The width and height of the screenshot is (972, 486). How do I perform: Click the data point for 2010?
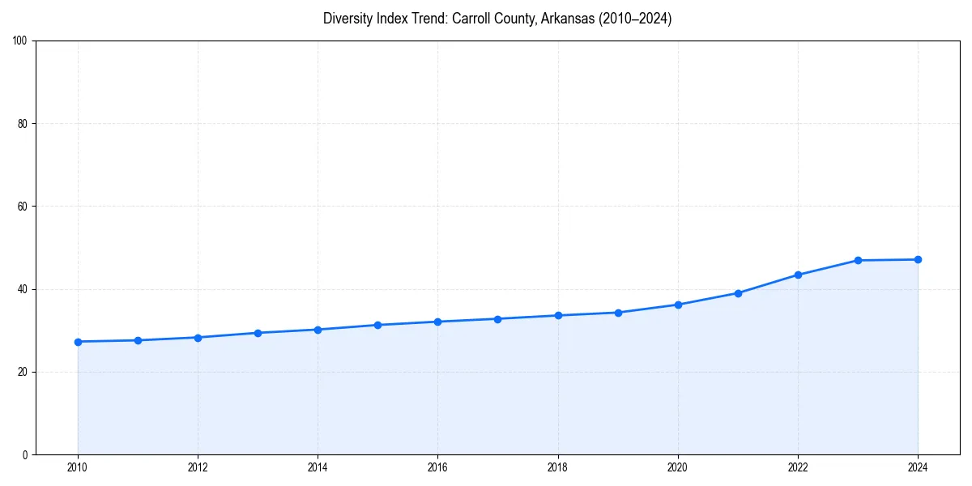click(78, 342)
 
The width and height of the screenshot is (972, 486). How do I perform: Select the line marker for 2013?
click(258, 333)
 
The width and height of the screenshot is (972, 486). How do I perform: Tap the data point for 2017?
click(497, 319)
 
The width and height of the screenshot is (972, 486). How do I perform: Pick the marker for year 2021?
click(738, 293)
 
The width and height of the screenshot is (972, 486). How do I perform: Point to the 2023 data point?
click(858, 261)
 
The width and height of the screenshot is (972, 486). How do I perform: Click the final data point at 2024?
click(918, 260)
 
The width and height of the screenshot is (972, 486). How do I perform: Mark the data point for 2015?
click(377, 325)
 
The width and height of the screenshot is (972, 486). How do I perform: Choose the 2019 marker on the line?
click(618, 313)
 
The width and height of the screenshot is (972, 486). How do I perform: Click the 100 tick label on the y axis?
click(20, 41)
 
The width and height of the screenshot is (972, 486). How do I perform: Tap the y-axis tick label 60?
click(23, 207)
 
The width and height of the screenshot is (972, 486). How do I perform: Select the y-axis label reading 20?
click(23, 372)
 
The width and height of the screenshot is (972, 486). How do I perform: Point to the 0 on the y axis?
click(25, 454)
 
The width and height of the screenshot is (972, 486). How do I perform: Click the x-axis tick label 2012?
click(198, 467)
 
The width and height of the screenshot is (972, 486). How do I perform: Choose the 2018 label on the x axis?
click(557, 467)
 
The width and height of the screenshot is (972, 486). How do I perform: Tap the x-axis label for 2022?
click(798, 467)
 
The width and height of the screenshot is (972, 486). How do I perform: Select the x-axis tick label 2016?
click(437, 467)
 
